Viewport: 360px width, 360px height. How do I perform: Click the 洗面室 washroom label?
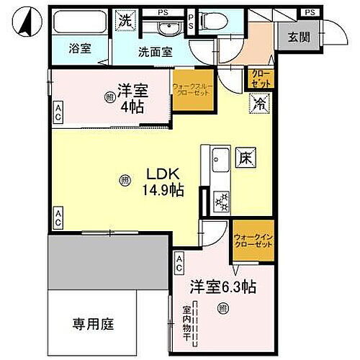[x=155, y=51]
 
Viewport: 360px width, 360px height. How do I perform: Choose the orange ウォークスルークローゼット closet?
[x=192, y=92]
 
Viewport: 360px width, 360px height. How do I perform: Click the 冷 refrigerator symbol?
[x=258, y=103]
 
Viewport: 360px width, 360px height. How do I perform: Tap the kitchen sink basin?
[x=220, y=160]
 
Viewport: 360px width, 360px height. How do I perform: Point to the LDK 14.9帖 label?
[x=166, y=180]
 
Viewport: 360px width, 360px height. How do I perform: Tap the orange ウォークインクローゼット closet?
[x=252, y=238]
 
